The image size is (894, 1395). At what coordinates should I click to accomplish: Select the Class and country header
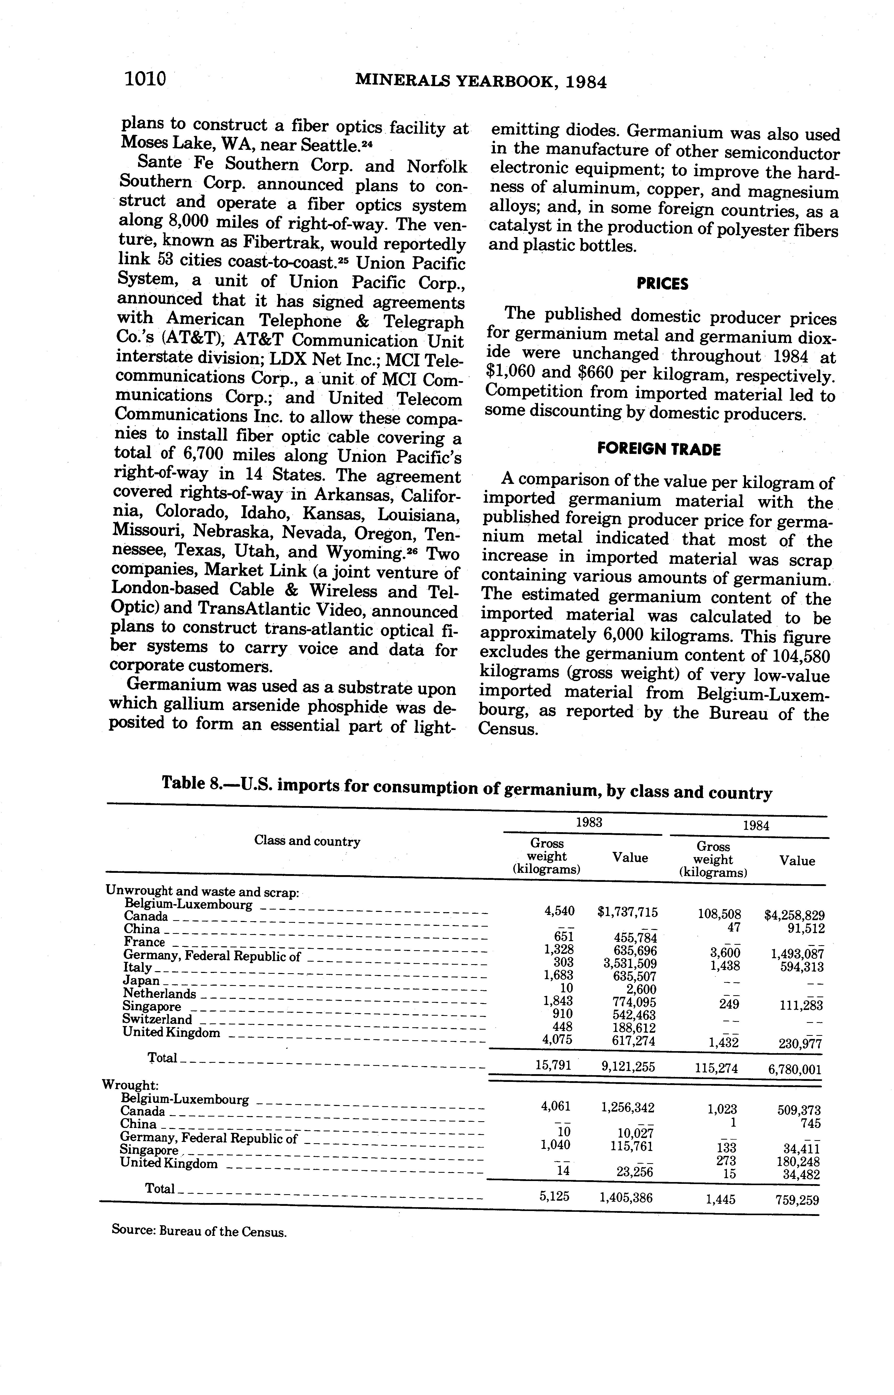tap(307, 841)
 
